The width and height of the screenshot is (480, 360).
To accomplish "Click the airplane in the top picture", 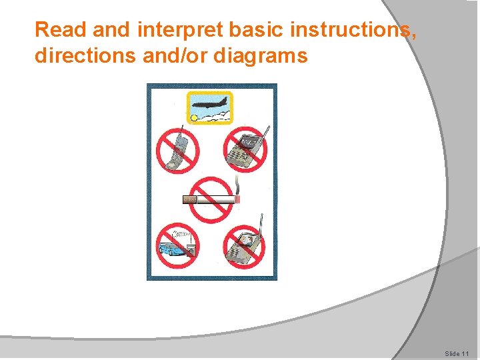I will click(210, 104).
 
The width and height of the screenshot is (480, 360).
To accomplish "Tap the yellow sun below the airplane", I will click(195, 118).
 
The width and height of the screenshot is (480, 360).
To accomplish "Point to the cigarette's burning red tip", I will click(237, 199).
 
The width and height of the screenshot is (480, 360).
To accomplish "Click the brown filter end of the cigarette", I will click(190, 199).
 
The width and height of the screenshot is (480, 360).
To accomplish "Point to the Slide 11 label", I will click(457, 353).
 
